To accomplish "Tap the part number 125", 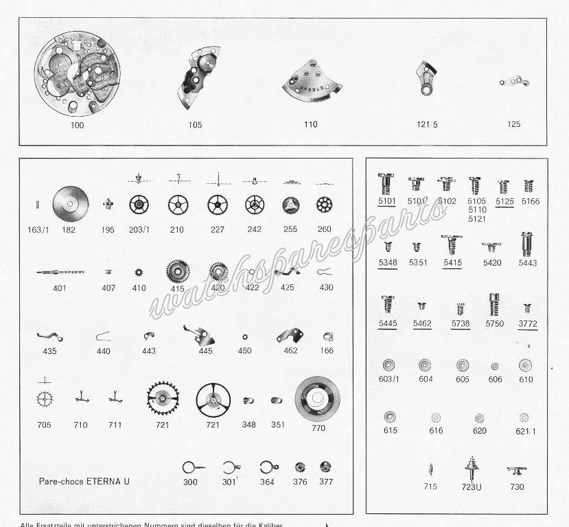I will click(513, 124).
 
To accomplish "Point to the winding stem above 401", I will click(60, 272).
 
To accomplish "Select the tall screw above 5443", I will click(526, 244).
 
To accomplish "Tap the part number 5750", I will click(494, 323).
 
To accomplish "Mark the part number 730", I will click(516, 487).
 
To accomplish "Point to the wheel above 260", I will click(324, 204).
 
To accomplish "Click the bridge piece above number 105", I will click(196, 81).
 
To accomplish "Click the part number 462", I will click(290, 351).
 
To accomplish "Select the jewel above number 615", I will click(391, 417).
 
